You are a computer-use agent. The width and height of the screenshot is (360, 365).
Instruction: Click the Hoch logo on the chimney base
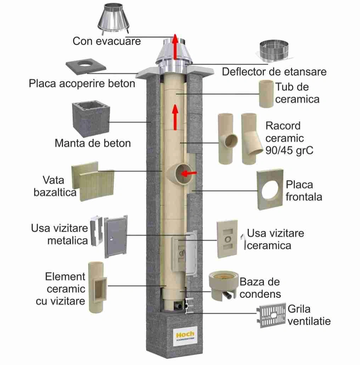[185, 335]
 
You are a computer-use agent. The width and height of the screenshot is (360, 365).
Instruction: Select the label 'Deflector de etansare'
[274, 72]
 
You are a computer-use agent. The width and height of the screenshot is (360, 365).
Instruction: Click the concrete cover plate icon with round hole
[86, 66]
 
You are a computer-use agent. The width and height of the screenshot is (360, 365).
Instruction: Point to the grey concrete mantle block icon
[91, 119]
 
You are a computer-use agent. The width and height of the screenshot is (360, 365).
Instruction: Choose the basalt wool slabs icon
[93, 181]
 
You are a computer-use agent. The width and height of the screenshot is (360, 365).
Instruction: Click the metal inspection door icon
[109, 237]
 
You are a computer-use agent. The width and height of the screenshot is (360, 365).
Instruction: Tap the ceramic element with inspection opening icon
[97, 287]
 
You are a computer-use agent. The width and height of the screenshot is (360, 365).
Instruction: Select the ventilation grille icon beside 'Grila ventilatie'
[271, 315]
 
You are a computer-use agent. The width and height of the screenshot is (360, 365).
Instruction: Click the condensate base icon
[223, 286]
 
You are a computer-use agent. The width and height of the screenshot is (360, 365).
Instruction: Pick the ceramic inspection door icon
[227, 239]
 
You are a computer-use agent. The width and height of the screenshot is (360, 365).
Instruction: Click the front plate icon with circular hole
[270, 189]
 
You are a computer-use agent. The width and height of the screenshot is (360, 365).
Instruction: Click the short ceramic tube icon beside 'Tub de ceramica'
[266, 94]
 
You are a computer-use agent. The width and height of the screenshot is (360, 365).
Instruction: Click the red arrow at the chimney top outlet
[176, 46]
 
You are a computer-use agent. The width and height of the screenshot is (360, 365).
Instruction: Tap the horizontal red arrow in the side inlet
[189, 173]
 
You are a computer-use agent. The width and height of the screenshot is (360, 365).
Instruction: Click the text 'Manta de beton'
[93, 143]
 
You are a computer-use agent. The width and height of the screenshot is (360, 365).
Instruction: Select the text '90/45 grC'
[289, 150]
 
